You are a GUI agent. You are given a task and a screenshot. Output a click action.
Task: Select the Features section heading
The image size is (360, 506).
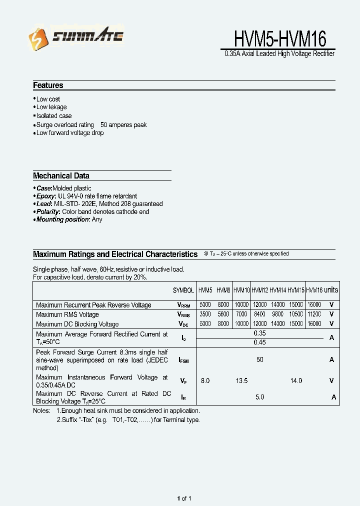[x=48, y=85]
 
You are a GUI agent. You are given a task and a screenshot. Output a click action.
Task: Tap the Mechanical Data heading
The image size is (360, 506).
[x=61, y=176]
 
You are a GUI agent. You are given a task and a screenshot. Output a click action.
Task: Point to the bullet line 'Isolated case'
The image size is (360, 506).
[x=53, y=116]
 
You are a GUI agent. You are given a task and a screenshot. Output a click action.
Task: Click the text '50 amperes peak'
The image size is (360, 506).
[x=123, y=125]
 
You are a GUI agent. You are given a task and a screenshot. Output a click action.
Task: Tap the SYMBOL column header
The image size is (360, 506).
[x=183, y=290]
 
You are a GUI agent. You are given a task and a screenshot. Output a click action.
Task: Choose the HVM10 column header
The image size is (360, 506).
[x=241, y=290]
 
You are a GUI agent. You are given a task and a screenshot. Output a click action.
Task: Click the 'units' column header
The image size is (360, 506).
[x=331, y=290]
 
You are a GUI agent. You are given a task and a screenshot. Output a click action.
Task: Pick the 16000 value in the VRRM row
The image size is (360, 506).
[x=314, y=304]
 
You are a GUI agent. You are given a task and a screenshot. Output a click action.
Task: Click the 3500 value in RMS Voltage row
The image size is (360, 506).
[x=205, y=314]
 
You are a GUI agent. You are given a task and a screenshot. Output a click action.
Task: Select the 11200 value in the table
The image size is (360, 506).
[x=314, y=314]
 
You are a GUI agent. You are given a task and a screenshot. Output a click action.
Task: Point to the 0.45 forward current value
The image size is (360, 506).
[x=259, y=342]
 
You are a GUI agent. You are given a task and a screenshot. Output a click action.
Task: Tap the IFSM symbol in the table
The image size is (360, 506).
[x=183, y=360]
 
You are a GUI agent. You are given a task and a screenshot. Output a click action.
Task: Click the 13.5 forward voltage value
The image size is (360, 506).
[x=241, y=381]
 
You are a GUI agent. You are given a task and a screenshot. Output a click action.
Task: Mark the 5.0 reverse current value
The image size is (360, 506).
[x=259, y=397]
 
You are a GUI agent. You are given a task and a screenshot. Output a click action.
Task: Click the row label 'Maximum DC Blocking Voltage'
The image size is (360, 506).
[x=77, y=324]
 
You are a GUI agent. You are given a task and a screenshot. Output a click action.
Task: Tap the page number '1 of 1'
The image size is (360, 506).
[x=184, y=498]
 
